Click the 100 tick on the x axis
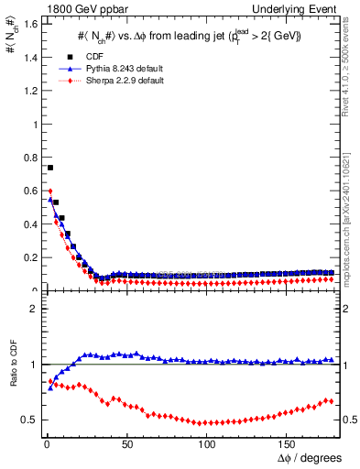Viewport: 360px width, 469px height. (207, 444)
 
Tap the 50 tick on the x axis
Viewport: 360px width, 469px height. (126, 444)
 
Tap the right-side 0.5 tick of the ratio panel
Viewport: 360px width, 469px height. (349, 420)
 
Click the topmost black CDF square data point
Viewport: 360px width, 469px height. (50, 168)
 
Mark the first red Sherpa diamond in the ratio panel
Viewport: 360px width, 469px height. (50, 380)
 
